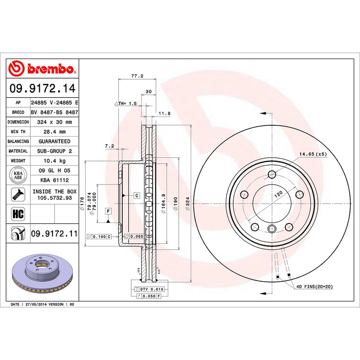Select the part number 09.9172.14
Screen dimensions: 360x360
point(42,89)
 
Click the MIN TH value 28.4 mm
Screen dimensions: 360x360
point(54,132)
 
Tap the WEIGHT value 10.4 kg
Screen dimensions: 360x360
point(54,160)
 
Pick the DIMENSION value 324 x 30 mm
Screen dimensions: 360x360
point(54,122)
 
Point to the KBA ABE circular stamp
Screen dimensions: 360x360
point(18,175)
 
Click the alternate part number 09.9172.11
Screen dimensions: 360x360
point(54,234)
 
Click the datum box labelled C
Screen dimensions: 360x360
point(136,195)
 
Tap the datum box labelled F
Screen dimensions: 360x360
point(108,211)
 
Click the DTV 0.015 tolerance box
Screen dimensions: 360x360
point(150,289)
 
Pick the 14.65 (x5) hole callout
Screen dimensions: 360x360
point(313,154)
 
